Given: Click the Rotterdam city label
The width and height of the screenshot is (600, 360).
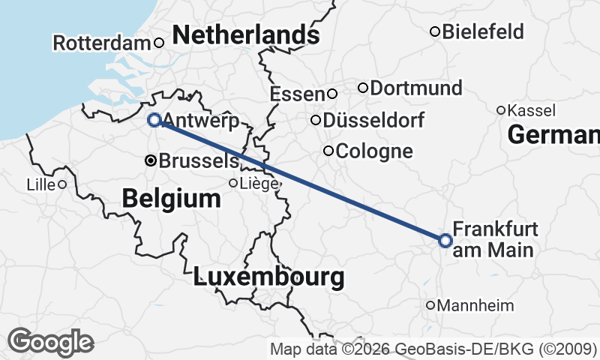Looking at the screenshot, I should point(102,43).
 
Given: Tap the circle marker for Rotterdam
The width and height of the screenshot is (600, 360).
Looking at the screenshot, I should point(159,43).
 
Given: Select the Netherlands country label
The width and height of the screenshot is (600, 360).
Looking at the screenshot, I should point(245,34).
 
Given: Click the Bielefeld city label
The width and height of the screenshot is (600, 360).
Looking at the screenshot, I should point(483,31).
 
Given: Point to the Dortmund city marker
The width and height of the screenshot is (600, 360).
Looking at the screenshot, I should point(363,88).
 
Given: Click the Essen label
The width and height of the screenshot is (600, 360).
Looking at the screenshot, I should point(297,94).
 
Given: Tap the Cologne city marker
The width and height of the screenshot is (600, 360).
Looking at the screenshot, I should point(328,151).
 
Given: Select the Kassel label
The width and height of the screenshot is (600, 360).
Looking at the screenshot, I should point(531,110).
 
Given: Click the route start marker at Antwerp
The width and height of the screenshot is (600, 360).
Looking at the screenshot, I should point(154,119).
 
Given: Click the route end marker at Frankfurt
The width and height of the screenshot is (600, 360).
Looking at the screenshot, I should point(445,240).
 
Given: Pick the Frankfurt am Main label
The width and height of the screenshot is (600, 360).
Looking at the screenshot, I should point(495,239).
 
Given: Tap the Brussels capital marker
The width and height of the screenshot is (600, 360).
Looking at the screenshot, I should point(151,160).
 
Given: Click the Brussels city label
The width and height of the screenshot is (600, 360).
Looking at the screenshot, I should point(199,160).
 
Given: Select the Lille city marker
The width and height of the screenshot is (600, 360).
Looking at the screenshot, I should point(62,184).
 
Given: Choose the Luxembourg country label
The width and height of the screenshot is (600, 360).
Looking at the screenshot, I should point(268,277).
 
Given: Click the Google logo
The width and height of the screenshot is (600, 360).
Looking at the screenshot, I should point(51,341).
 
